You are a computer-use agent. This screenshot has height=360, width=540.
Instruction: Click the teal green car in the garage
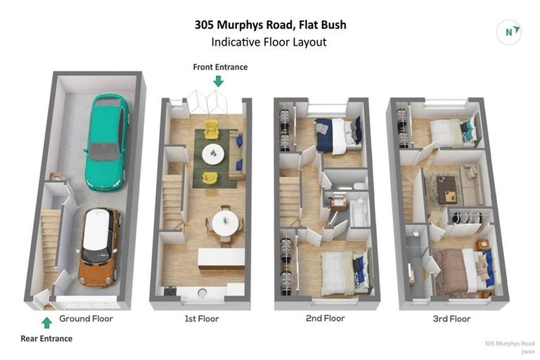pos(106,142)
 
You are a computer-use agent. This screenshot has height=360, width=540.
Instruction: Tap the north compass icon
pos(509,32)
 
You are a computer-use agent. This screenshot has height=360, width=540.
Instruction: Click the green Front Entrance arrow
pos(219,81)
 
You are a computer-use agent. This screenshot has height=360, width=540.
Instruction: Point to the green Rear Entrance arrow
pos(46,323)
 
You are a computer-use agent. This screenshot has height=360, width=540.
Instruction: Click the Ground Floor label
pos(86,319)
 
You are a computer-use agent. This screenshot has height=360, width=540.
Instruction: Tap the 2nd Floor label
pos(325,319)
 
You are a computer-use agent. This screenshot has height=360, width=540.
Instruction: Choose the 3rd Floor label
pos(451,319)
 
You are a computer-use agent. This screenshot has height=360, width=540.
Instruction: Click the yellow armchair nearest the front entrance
pos(211,129)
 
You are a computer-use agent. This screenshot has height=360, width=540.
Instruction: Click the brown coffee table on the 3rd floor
pos(446,188)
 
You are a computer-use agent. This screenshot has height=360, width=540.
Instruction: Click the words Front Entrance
pos(220,67)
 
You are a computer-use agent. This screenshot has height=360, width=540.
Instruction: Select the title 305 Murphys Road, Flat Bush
pos(270,25)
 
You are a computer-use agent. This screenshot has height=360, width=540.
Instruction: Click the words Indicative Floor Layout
pos(269,42)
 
